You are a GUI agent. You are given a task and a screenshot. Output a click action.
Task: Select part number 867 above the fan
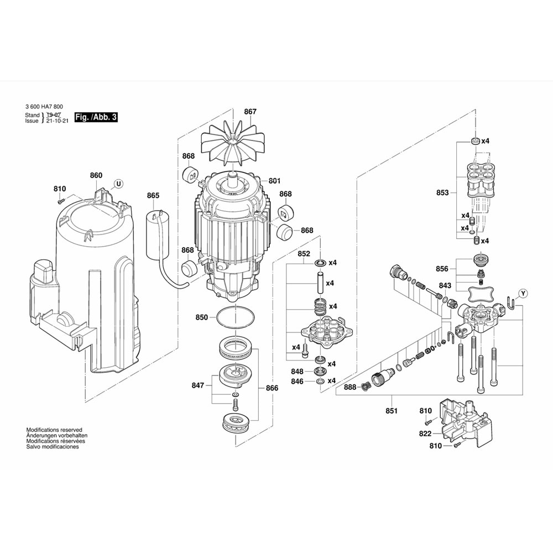tap(250, 112)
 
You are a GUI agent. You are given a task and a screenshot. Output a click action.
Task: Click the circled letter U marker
tap(118, 183)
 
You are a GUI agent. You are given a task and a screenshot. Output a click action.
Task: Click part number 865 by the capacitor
tap(153, 195)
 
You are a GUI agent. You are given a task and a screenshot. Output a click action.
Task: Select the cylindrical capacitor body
tap(156, 233)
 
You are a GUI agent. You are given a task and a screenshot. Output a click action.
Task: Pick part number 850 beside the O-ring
tap(202, 317)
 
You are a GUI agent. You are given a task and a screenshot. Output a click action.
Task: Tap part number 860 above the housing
tap(96, 175)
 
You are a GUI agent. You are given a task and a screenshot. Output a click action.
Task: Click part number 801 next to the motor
tap(275, 181)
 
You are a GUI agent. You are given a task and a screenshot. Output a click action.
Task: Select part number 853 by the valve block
tap(442, 193)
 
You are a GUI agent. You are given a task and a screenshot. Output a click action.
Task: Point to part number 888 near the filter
tap(350, 387)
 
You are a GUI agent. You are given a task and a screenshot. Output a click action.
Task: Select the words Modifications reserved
tap(54, 429)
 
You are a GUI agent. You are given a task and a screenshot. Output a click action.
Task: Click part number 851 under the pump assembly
tap(392, 411)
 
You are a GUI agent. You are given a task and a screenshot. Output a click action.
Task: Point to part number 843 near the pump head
tap(445, 285)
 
